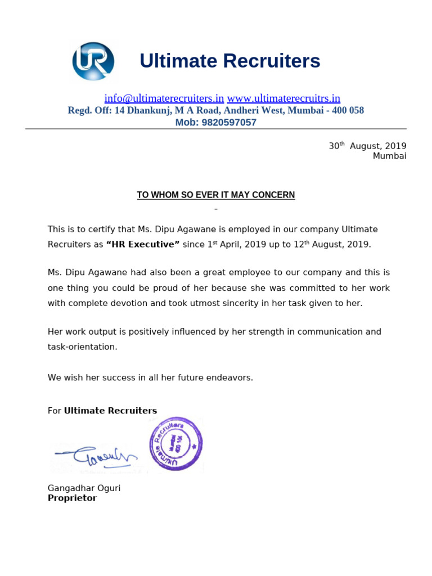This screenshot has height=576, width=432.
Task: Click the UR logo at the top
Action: click(x=93, y=61)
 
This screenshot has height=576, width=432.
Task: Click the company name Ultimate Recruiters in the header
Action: click(x=229, y=61)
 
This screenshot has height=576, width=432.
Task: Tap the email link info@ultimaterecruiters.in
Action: click(x=164, y=98)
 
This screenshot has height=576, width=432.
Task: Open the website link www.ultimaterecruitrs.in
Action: click(x=283, y=98)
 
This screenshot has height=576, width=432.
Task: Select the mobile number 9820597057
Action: click(x=229, y=123)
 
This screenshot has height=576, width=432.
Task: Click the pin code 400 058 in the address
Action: click(x=348, y=110)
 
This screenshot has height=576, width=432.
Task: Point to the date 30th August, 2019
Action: click(x=367, y=146)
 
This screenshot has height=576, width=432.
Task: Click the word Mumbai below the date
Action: click(x=389, y=156)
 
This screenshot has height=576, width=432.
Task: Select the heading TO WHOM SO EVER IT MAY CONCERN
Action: click(x=216, y=195)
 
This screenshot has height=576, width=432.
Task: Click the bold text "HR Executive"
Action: click(x=143, y=245)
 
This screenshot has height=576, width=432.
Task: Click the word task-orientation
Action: click(x=82, y=347)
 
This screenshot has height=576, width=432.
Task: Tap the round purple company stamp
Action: click(x=176, y=444)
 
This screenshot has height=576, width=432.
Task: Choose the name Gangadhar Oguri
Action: click(x=84, y=488)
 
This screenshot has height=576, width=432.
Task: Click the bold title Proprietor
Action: click(x=72, y=498)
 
